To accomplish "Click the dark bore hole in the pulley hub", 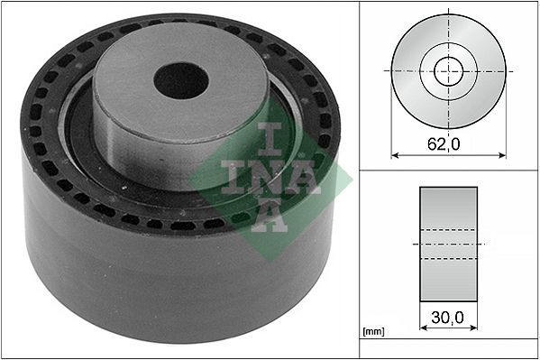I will coord(180,80).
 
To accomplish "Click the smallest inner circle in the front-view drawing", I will coord(449,70).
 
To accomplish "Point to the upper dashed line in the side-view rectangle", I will coord(449,230).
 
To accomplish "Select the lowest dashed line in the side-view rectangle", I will coord(449,258).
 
